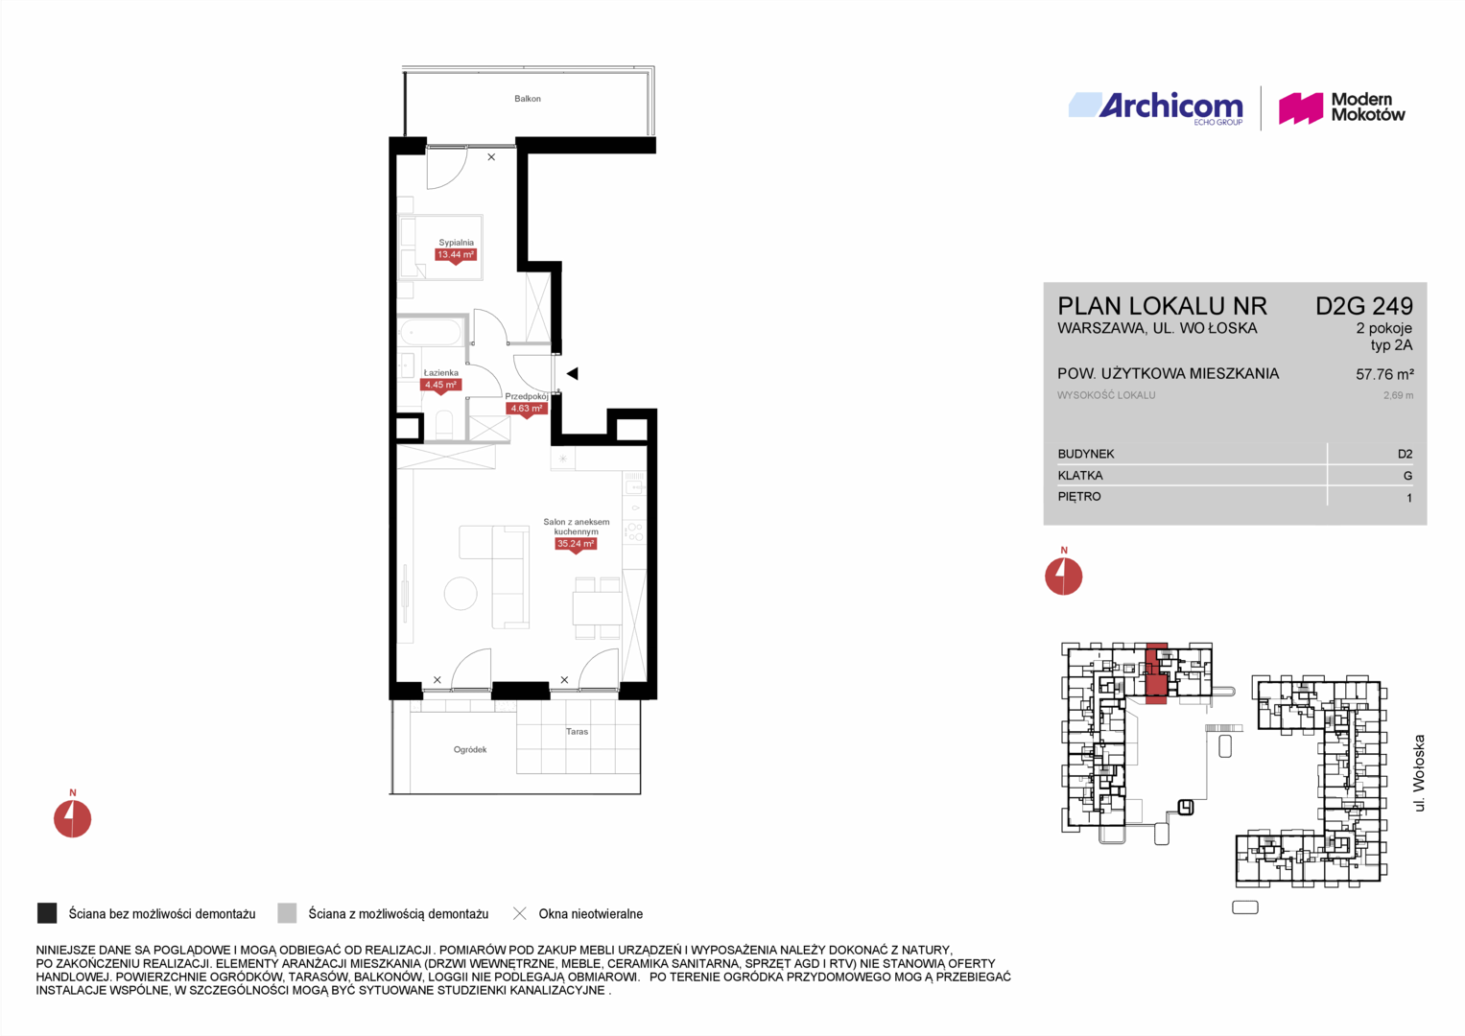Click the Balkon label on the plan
[527, 99]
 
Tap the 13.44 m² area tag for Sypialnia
[456, 255]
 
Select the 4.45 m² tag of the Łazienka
[440, 385]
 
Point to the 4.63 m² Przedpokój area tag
[527, 408]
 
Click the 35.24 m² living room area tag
[576, 544]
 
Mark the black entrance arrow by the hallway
[572, 374]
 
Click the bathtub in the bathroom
[431, 332]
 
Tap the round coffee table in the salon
[461, 593]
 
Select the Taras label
[577, 731]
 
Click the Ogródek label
[470, 749]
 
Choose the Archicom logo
[1156, 107]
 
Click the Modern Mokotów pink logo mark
[1301, 108]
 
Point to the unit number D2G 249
[1364, 306]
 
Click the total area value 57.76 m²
[1384, 374]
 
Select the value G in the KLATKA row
[1407, 476]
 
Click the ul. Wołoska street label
[1419, 773]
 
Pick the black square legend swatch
[47, 913]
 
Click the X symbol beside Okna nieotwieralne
[520, 913]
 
